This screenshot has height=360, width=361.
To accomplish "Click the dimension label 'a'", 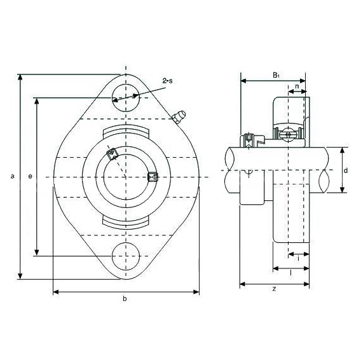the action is point(13,177).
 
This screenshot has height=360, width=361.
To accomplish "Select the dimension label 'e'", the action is point(30,177).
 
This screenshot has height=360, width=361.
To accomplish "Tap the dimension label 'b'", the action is point(125,299).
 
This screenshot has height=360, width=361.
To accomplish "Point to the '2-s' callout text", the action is point(167,81).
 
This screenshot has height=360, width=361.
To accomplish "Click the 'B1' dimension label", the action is point(276,75).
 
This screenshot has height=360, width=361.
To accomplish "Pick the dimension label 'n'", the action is point(297,87).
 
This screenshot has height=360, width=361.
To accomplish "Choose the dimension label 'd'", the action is point(346,170).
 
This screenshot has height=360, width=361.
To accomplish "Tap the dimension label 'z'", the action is point(274,289).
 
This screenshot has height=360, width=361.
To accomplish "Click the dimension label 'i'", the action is point(299,258).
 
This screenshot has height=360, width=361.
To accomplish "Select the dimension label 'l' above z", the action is point(291,273).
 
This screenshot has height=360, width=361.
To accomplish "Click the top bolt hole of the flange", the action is point(126,98).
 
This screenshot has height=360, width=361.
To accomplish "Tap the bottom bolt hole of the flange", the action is point(126,256).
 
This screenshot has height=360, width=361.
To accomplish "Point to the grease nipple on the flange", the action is point(179,116).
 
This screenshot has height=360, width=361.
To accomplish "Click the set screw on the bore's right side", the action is point(153,177).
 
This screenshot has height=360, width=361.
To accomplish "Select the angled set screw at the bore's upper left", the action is point(112,154).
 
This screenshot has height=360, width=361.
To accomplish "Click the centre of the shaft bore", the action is point(126,177).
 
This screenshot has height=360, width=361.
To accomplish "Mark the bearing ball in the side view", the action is point(288,134).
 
